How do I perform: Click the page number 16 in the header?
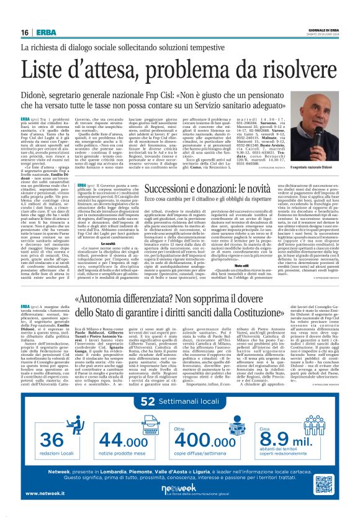click(x=23, y=32)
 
